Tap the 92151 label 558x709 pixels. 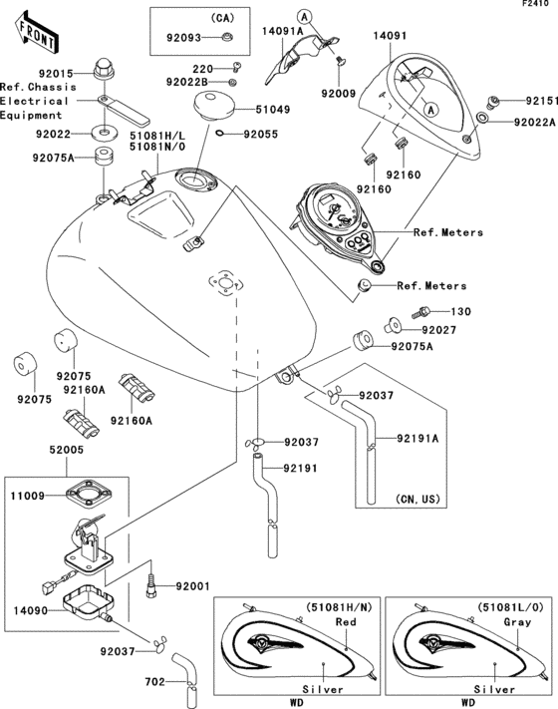click(534, 102)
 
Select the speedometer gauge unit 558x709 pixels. click(336, 221)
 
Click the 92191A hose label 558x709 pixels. click(422, 437)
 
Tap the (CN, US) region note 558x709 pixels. click(418, 499)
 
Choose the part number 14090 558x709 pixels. click(30, 603)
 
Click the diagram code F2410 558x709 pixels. click(536, 6)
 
